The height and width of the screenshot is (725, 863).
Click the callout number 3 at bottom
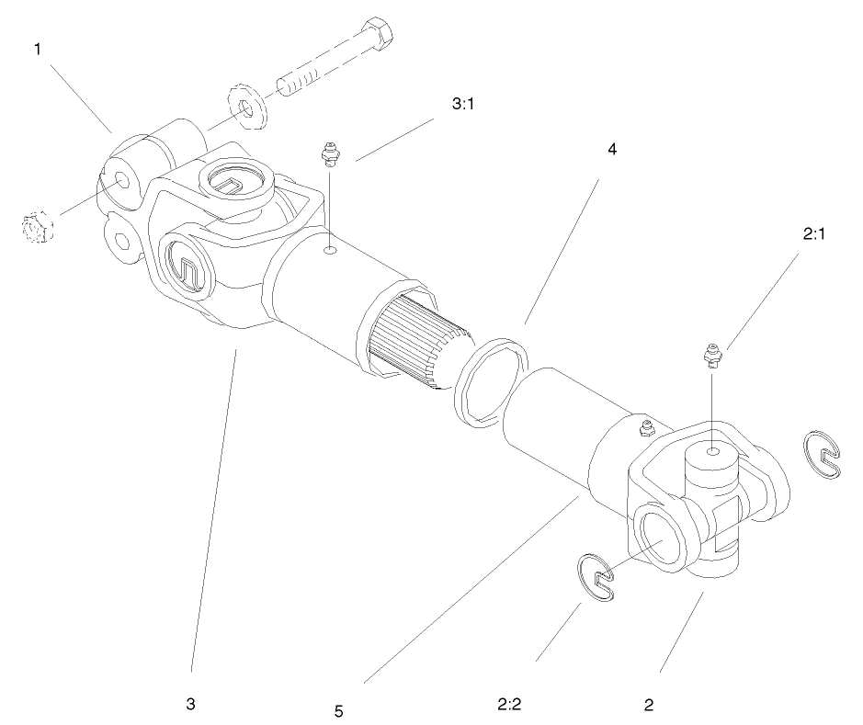click(190, 705)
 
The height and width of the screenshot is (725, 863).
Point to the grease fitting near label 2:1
click(711, 353)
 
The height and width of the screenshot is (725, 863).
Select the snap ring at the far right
click(824, 455)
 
